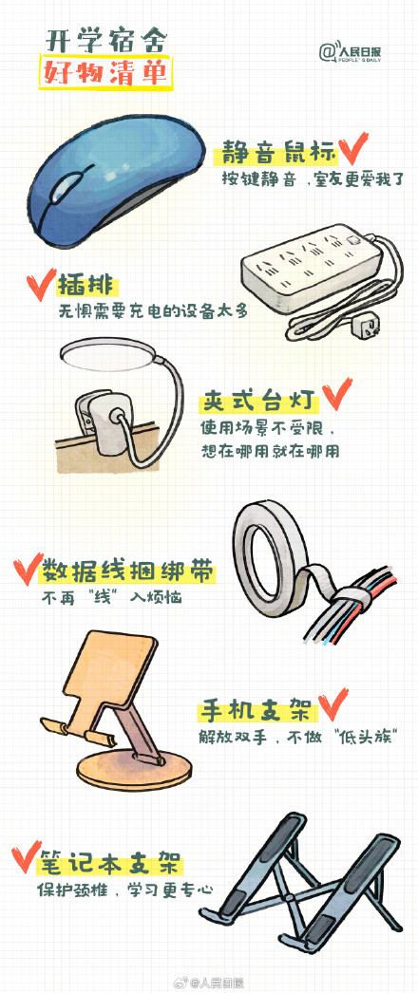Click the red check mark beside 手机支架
click(332, 705)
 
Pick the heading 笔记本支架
click(108, 864)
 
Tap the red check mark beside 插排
click(39, 284)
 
